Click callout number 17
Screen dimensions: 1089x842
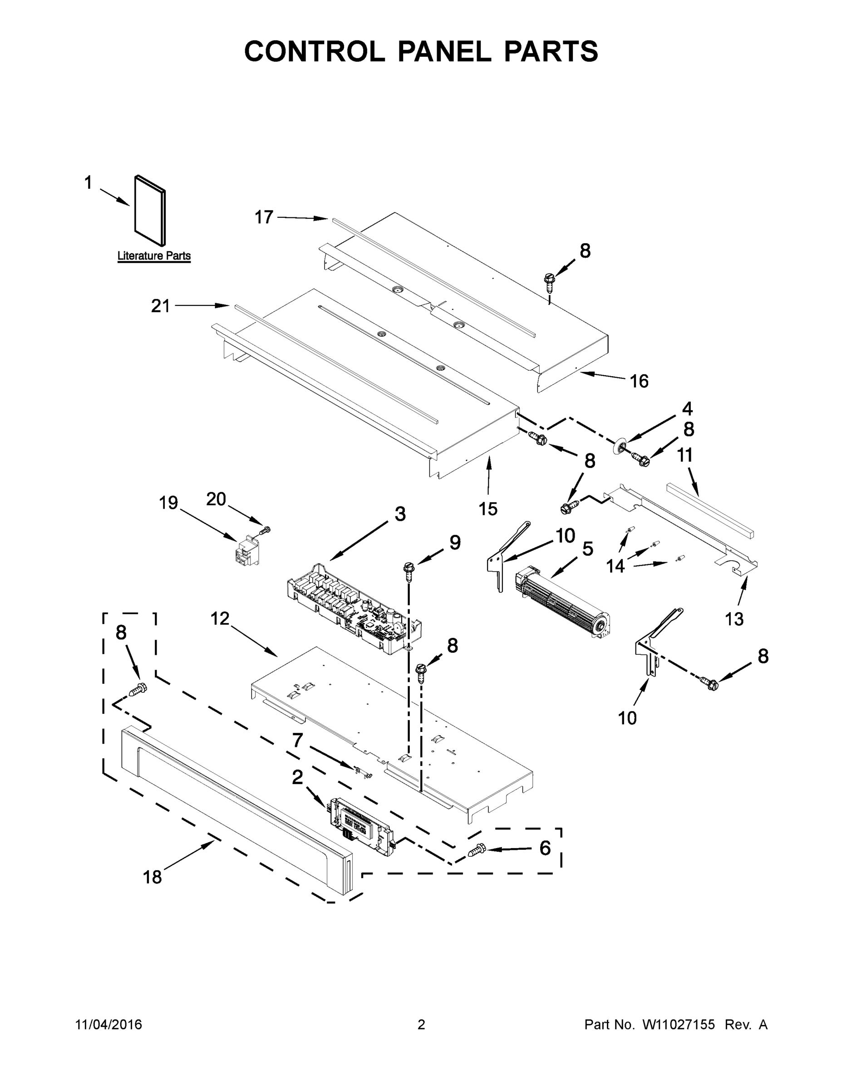point(264,217)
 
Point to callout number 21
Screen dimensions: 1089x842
point(160,306)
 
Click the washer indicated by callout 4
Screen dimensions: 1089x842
point(620,445)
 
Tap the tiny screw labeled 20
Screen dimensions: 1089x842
point(267,530)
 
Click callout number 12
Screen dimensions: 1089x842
point(220,619)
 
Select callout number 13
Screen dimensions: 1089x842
point(734,619)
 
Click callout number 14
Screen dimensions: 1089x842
point(615,566)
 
